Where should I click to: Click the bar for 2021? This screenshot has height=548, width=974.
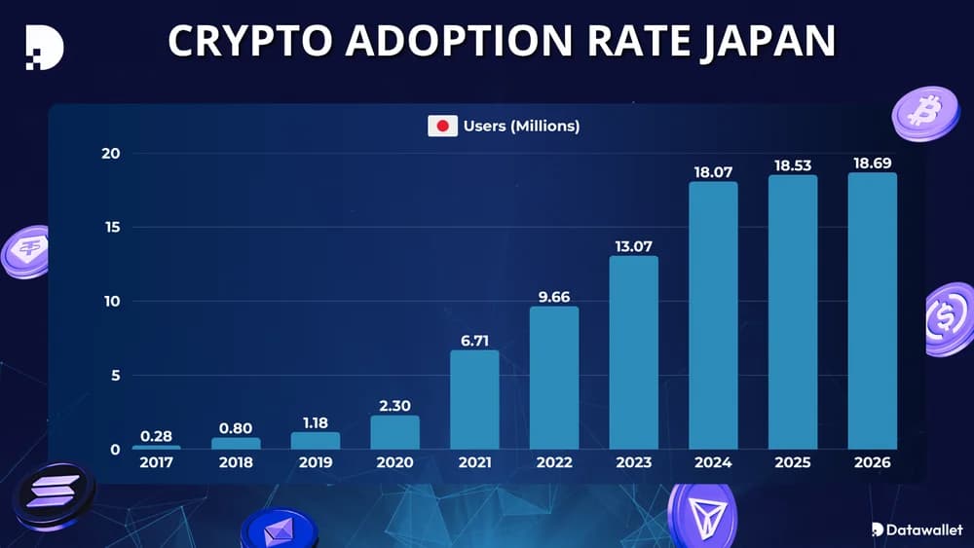(474, 399)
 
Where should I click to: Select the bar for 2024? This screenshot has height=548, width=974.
(713, 315)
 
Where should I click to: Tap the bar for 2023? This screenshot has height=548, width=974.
(634, 352)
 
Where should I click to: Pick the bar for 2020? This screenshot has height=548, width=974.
(394, 432)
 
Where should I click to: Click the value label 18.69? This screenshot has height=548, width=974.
(872, 162)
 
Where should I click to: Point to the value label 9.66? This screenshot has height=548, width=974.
(554, 295)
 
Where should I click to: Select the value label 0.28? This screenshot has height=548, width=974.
(156, 434)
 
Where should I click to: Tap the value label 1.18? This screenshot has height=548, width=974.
(316, 420)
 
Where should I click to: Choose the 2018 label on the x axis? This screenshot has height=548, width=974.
(236, 463)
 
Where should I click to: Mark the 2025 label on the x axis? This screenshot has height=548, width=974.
(792, 463)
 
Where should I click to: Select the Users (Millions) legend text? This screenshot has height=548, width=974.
(521, 127)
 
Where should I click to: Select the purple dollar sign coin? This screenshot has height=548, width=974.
(948, 319)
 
